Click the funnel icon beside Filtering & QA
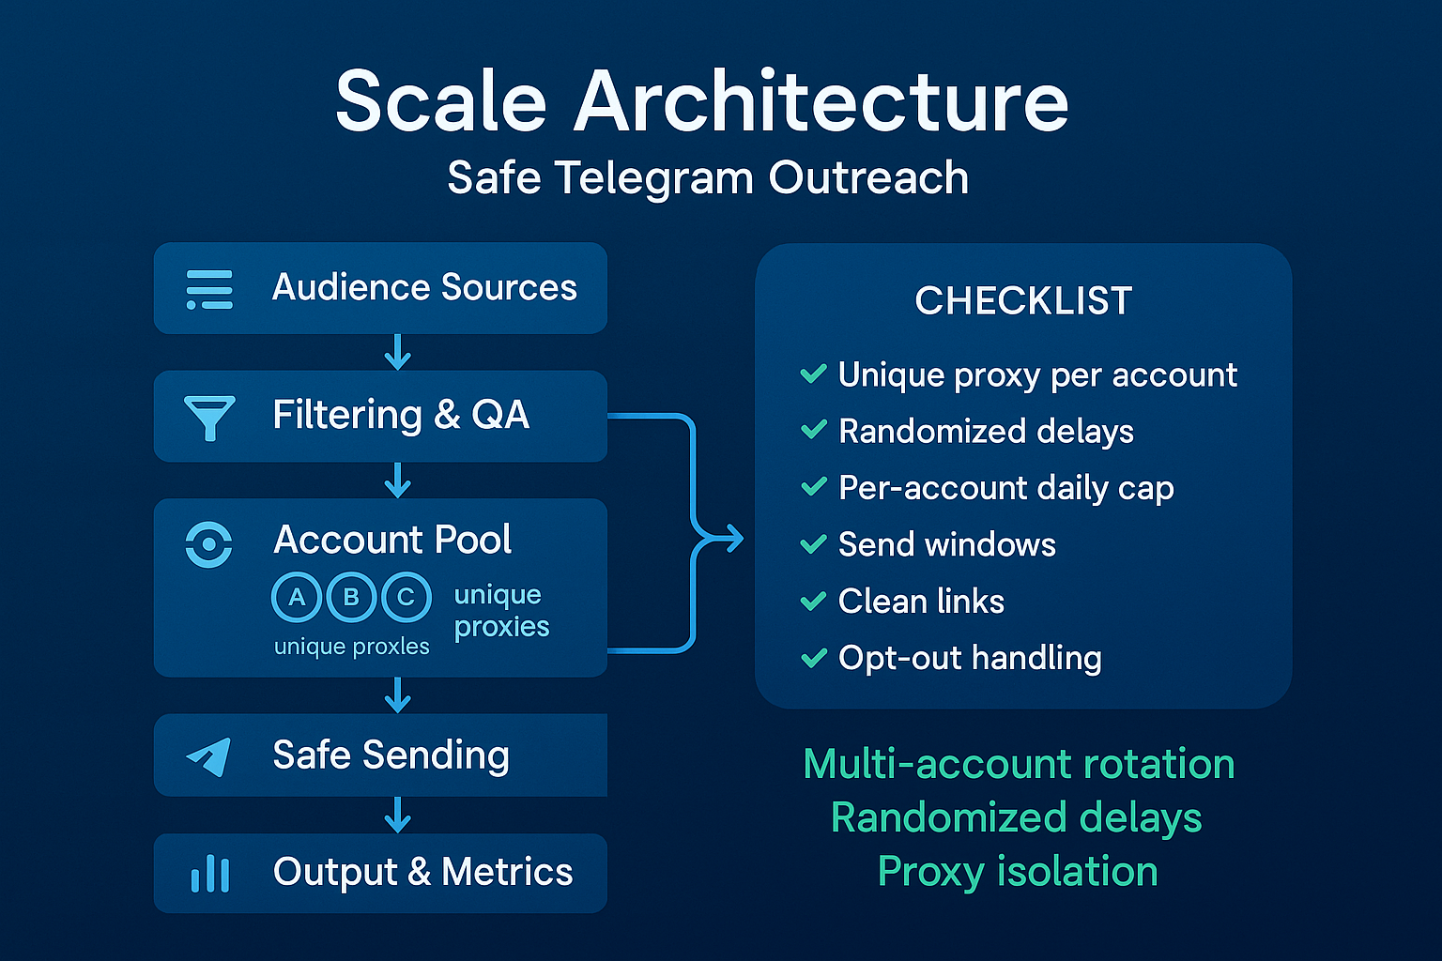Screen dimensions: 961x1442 coord(209,417)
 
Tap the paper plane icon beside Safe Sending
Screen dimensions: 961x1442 coord(209,755)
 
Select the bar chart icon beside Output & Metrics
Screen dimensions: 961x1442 coord(209,873)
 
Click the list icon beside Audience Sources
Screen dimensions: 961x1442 coord(209,289)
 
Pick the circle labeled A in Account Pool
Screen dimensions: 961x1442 coord(297,597)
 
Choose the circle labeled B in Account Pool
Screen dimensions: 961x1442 coord(351,597)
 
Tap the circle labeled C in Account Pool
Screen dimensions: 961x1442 coord(406,597)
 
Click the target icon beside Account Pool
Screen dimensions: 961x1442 coord(208,543)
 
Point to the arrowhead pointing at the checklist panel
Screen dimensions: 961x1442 coord(732,539)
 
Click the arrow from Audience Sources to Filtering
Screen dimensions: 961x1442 coord(398,352)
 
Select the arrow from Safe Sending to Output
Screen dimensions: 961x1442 coord(398,815)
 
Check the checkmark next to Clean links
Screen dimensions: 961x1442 coord(813,601)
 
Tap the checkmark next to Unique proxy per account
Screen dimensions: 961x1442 coord(813,374)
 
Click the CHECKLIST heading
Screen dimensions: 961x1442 coord(1023,301)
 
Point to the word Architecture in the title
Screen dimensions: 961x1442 coord(821,101)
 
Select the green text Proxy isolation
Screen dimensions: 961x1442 coord(1018,871)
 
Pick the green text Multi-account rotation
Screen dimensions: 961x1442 coord(1019,764)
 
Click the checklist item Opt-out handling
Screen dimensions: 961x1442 coord(969,658)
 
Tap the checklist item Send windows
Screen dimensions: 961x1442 coord(946,544)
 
